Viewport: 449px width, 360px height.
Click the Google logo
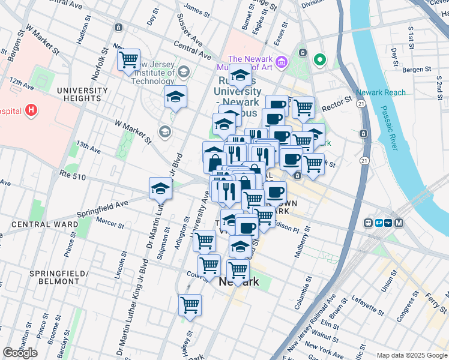tap(20, 353)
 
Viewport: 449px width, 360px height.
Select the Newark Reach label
tap(381, 92)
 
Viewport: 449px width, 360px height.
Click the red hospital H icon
tap(31, 110)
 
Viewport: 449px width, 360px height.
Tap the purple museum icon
tap(282, 61)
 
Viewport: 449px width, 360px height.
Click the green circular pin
tap(320, 59)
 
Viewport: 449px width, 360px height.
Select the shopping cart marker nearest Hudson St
tap(128, 60)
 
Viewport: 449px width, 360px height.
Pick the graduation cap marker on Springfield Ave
tap(160, 188)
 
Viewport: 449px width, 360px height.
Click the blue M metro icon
tap(399, 223)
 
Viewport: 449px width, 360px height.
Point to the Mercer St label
tap(109, 226)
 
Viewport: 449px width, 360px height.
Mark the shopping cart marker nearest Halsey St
tap(190, 305)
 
